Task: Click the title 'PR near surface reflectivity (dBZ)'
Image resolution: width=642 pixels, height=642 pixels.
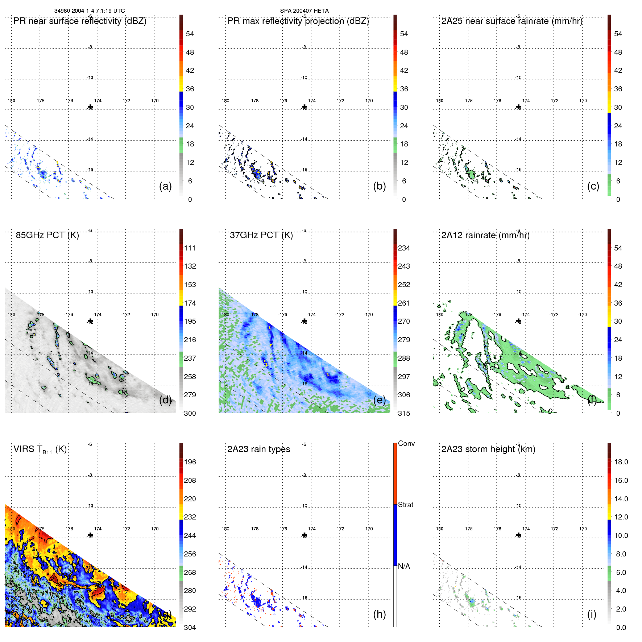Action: pos(80,21)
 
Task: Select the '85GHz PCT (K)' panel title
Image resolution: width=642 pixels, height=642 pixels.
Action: pos(47,235)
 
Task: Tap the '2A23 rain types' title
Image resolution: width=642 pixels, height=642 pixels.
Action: pos(258,449)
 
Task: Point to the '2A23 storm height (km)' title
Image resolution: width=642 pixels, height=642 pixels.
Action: pos(488,449)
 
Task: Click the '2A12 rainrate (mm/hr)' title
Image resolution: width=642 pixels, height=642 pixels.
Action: pos(485,235)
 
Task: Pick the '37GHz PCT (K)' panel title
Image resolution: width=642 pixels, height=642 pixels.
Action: pos(261,235)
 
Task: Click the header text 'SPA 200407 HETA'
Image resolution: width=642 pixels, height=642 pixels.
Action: pos(304,11)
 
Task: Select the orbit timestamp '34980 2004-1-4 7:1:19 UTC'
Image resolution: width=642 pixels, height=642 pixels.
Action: pos(90,11)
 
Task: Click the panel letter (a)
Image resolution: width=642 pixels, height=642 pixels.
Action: pos(165,186)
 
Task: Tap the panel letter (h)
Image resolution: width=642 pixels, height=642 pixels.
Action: pos(379,614)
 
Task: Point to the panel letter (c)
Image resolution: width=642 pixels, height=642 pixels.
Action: pos(593,186)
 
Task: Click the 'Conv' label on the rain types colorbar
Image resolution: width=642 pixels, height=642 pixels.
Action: pos(406,443)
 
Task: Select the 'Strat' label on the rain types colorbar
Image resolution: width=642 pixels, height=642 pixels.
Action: pos(405,505)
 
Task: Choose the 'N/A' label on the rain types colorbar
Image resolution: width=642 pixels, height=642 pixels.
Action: pos(404,566)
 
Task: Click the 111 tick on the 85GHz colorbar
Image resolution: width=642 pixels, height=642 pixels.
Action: pos(190,248)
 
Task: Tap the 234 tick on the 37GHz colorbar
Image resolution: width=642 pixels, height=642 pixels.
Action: pos(404,248)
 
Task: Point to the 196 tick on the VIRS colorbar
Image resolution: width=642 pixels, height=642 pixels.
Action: pos(190,462)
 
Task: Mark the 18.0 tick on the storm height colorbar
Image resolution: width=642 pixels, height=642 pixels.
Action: pos(621,462)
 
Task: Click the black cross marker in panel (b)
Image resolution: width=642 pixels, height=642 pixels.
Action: pos(305,107)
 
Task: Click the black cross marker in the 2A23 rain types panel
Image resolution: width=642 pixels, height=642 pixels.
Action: pos(305,535)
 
